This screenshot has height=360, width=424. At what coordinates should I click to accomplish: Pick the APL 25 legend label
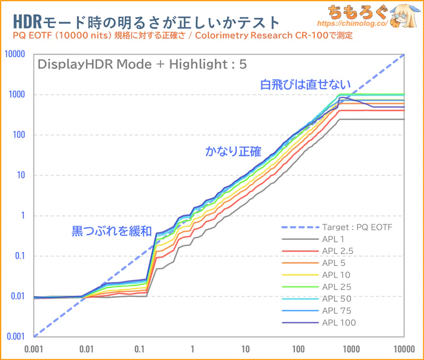pos(337,287)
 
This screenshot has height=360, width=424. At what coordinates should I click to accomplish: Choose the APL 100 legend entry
pos(339,322)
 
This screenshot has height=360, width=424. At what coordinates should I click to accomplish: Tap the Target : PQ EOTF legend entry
pos(354,228)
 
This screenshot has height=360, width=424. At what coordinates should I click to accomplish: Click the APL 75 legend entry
pos(337,311)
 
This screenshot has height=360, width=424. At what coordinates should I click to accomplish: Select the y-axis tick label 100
pos(19,135)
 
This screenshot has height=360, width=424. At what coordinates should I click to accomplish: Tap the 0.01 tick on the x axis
pos(86,349)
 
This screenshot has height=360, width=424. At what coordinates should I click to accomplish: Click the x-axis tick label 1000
pos(351,349)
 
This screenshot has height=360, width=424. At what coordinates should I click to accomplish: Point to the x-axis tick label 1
pos(192,349)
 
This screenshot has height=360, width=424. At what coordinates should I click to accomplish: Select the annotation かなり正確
pos(233,152)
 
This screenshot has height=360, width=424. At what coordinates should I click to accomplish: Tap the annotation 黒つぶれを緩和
pos(112,231)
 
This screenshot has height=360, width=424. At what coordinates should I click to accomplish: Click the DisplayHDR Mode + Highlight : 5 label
pos(142,64)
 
